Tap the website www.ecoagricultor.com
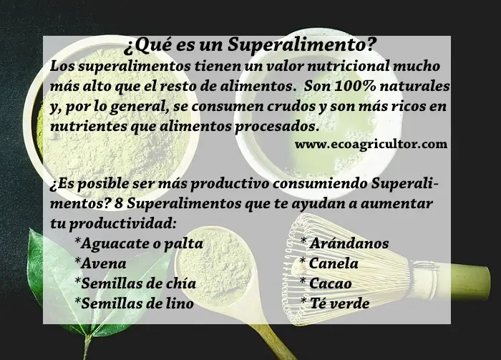pos(371,144)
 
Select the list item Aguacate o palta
pos(139,243)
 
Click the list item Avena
pos(100,263)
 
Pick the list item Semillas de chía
pos(135,283)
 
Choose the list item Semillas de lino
pos(135,303)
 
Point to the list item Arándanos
pos(345,243)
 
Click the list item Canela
pos(329,263)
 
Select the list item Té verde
pos(335,303)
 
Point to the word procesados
pos(278,127)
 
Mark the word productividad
pos(123,223)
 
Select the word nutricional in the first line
pos(349,66)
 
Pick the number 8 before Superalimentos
pos(119,204)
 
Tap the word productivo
pos(230,185)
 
